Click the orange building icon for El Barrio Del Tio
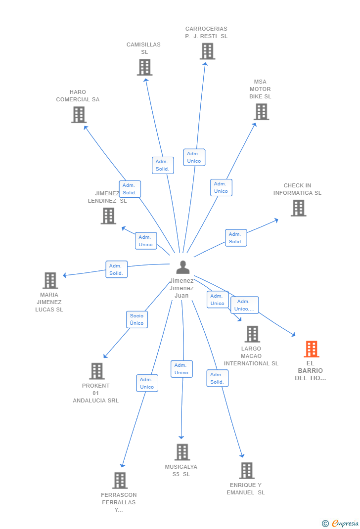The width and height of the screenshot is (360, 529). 311,349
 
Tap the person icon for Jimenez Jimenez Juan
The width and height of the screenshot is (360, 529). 183,267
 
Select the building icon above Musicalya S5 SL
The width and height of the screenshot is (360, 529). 182,452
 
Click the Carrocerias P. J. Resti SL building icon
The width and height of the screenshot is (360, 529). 207,51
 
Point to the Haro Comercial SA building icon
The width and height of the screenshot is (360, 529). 79,115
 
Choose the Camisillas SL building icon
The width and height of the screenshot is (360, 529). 144,67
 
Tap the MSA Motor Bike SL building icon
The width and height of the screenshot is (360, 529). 261,112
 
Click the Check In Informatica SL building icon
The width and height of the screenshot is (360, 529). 298,208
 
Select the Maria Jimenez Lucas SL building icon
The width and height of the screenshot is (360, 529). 50,280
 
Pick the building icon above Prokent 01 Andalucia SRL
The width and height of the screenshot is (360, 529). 97,371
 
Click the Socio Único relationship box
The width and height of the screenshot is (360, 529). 137,319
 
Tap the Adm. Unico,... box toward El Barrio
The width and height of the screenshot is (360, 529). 244,305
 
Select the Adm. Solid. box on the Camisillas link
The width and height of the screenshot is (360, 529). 162,165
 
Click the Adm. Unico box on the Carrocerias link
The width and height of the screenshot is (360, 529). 194,157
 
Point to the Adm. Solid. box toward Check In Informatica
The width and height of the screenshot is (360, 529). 236,238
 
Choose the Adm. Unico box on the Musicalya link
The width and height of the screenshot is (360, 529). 181,369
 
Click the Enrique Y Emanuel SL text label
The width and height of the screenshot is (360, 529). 246,488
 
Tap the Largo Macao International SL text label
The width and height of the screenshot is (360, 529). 251,356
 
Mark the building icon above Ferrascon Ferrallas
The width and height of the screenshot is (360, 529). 120,480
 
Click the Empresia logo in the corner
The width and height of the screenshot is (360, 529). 341,523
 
